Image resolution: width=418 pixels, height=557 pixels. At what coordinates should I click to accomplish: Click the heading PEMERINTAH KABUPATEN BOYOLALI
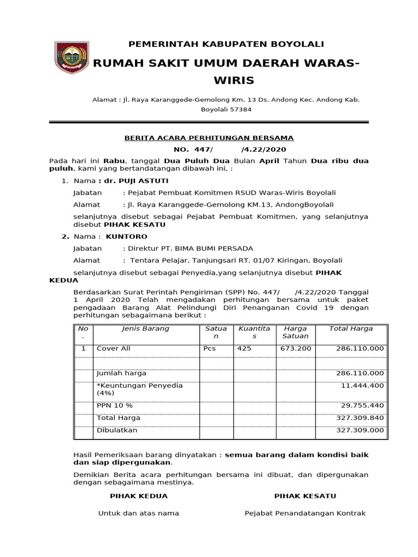pyautogui.click(x=225, y=44)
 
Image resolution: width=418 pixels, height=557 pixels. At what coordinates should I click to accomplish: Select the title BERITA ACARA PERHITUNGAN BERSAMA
pyautogui.click(x=209, y=138)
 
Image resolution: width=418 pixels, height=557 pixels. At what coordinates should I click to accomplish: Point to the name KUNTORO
pyautogui.click(x=126, y=237)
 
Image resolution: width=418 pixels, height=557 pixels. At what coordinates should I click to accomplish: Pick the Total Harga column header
pyautogui.click(x=351, y=329)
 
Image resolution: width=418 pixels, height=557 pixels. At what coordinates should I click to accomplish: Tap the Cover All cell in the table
pyautogui.click(x=113, y=348)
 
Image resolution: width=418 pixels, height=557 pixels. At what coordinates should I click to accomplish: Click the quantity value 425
pyautogui.click(x=244, y=348)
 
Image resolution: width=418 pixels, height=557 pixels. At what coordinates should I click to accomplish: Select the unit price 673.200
pyautogui.click(x=295, y=348)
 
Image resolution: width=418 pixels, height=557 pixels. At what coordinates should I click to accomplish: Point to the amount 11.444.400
pyautogui.click(x=362, y=385)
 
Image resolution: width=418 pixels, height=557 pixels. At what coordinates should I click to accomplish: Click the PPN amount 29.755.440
pyautogui.click(x=362, y=406)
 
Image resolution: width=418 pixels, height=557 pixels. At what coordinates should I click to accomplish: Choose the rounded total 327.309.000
pyautogui.click(x=360, y=430)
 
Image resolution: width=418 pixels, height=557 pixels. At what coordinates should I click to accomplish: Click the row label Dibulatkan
pyautogui.click(x=116, y=430)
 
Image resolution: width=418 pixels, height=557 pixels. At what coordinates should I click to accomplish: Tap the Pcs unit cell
pyautogui.click(x=210, y=348)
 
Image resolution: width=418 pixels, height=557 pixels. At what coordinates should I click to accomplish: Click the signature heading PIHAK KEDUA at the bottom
pyautogui.click(x=139, y=496)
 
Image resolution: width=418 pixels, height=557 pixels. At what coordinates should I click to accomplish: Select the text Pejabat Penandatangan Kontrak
pyautogui.click(x=305, y=513)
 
